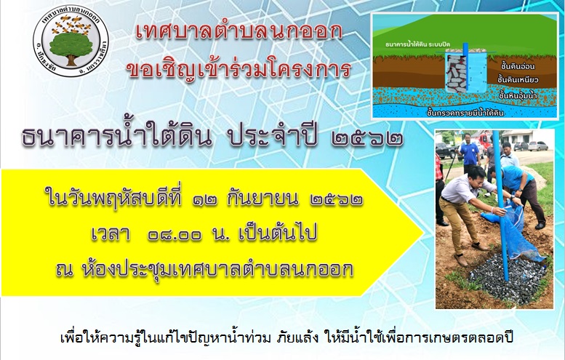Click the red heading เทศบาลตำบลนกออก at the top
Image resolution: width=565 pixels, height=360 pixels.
coord(239,33)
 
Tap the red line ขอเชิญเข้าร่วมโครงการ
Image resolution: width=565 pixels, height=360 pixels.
coord(239,68)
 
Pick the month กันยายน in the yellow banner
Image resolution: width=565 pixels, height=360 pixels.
coord(263,199)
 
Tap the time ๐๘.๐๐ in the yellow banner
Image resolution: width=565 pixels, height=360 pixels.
coord(175,235)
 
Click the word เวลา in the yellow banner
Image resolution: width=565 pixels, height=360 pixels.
coord(111,234)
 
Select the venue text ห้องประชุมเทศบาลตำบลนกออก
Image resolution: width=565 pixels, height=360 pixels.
coord(218,269)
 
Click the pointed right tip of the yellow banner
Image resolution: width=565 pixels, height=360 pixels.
coord(423,233)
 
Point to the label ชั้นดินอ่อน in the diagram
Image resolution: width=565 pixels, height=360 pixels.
coord(518,66)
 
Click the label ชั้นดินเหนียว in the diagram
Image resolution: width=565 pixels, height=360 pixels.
coord(518,79)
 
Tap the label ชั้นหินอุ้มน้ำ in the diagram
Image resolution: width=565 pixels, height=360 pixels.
coord(518,96)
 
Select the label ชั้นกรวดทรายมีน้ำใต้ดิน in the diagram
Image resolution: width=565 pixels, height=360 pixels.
coord(465,113)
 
